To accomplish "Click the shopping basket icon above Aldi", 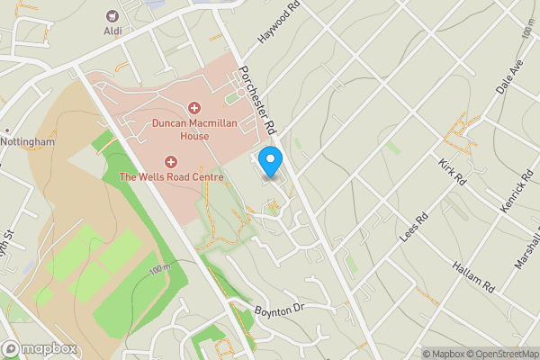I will point(112,15).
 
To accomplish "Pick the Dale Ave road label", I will point(508,79).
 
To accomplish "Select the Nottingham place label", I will point(27,142).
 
